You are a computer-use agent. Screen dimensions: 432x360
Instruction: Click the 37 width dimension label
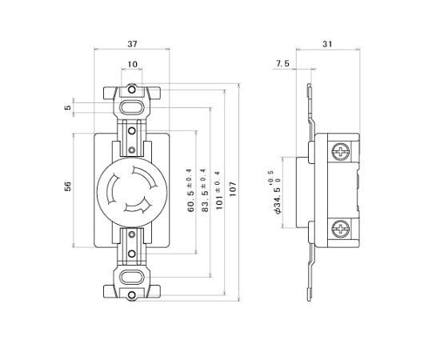132,44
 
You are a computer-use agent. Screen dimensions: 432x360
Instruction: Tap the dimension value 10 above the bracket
132,64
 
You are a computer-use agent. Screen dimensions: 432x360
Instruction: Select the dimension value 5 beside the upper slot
68,107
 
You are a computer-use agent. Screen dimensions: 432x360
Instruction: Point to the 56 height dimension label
68,186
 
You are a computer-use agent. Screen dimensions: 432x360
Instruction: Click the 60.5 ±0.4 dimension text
190,190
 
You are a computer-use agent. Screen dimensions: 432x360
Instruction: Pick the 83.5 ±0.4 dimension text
206,190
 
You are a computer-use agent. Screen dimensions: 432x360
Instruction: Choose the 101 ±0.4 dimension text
219,190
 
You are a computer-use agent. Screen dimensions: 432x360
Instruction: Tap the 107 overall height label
233,189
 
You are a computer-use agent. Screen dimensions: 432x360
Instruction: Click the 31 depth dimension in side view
327,44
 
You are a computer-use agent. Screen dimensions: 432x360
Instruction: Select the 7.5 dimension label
282,64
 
